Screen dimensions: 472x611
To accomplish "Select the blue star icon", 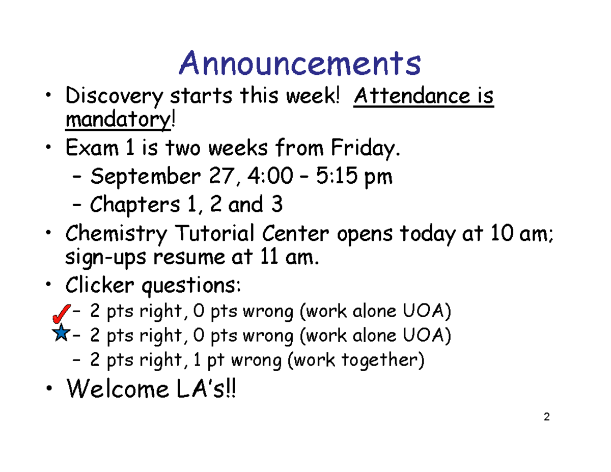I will click(x=61, y=334).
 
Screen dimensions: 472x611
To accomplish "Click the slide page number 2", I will click(x=546, y=418).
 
